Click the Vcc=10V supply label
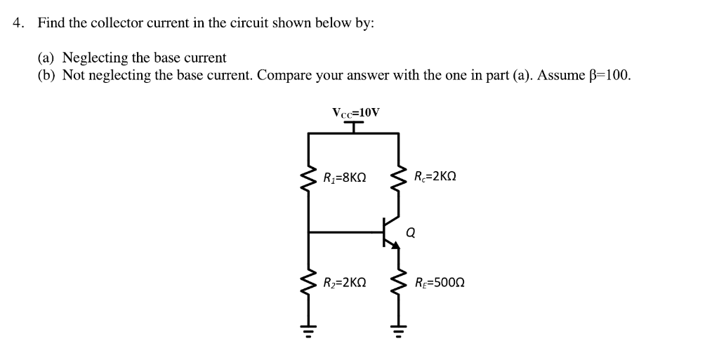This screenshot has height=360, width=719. pos(355,112)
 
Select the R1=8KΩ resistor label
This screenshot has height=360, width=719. pos(345,177)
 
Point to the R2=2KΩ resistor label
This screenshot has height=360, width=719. pos(345,283)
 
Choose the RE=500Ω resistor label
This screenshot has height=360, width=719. pos(440,283)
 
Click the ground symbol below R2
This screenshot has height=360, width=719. pos(309,330)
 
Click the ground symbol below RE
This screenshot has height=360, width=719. pos(400,330)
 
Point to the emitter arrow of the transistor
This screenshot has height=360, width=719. pos(395,244)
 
